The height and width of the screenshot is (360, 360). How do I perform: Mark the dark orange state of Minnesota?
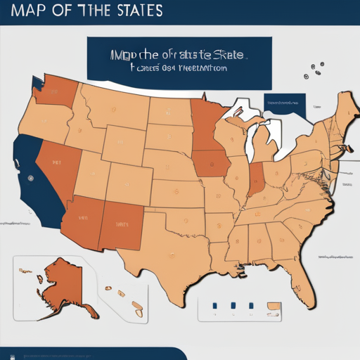click(205, 127)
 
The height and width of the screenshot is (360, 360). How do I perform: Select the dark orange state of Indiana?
click(257, 180)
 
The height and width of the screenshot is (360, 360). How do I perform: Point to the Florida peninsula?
click(302, 278)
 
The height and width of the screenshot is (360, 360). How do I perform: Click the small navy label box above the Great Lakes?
click(285, 104)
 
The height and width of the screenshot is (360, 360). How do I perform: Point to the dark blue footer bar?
click(91, 354)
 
